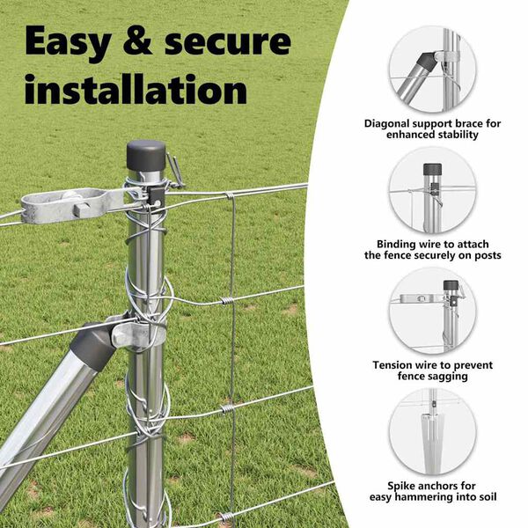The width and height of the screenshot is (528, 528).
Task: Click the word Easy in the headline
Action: pos(69,42)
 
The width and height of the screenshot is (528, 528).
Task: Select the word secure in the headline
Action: pos(228,42)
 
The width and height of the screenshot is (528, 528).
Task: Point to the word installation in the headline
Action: pos(136,89)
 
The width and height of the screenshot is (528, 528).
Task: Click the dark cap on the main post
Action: pos(146,156)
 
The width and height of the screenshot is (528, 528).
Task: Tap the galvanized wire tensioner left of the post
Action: pos(72,206)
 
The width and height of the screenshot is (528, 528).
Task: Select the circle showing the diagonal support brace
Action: pos(432,70)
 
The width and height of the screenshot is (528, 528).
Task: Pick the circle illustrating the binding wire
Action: pos(432,191)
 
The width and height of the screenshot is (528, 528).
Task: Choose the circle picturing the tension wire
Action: pos(432,312)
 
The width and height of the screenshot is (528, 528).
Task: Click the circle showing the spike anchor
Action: pos(432,432)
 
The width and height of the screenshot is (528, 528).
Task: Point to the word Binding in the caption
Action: pos(397,244)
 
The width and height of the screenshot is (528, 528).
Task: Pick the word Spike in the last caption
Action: pos(401,487)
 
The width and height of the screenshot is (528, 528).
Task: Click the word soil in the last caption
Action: pos(488,497)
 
